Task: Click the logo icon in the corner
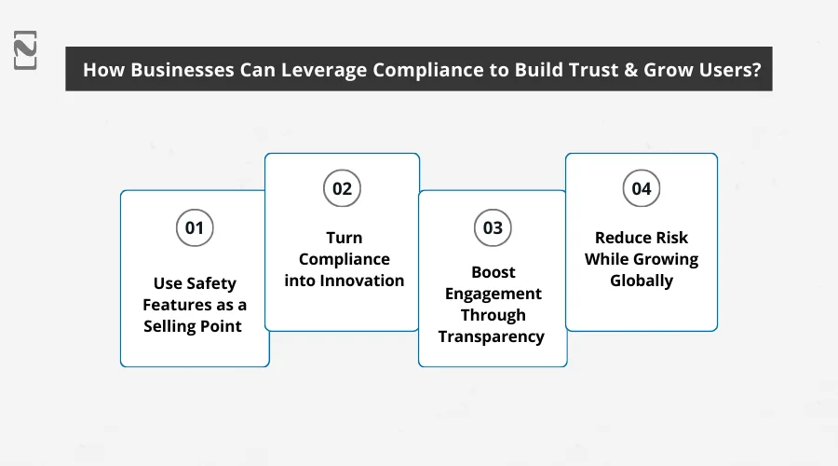click(x=26, y=48)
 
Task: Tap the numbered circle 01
click(x=195, y=226)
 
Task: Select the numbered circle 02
click(x=343, y=189)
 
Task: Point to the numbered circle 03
click(x=493, y=226)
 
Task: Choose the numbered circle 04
click(x=642, y=189)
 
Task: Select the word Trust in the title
click(x=588, y=69)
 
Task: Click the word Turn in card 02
click(x=343, y=238)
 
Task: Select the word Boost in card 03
click(x=493, y=272)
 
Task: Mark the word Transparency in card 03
click(x=492, y=336)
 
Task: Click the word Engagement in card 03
click(x=493, y=294)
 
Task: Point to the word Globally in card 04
click(x=642, y=280)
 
